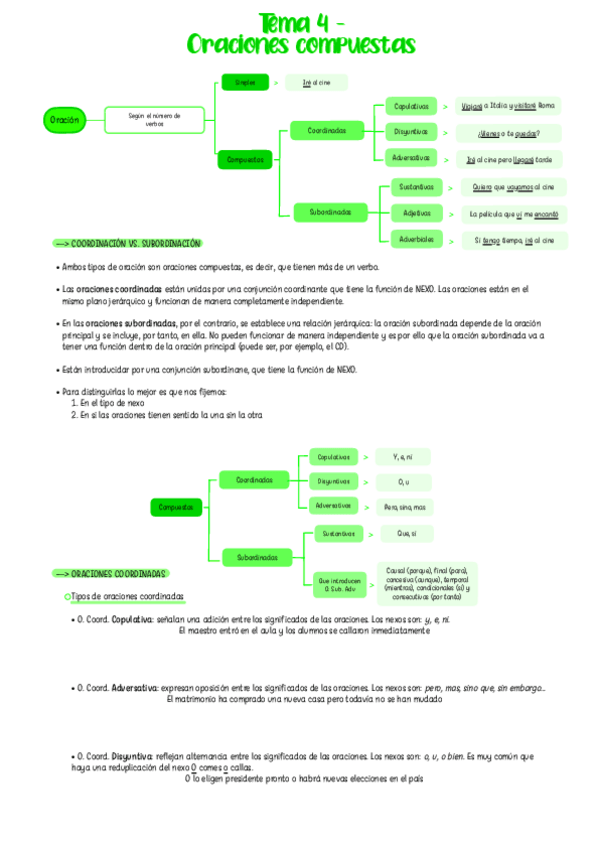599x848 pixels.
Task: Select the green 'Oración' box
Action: click(62, 121)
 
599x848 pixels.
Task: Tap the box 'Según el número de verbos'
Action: click(154, 120)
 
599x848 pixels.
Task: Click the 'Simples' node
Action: click(244, 82)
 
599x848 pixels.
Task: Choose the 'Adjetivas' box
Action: click(416, 213)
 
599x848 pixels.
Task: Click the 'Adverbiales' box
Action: click(416, 240)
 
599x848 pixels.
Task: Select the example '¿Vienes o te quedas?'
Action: click(510, 132)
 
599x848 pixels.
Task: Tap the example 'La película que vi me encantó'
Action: click(514, 213)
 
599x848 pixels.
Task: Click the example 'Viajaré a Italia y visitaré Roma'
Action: click(507, 105)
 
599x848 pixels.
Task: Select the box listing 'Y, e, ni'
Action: click(403, 457)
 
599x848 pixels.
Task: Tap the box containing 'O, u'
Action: click(403, 482)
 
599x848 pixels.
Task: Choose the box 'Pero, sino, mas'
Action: click(404, 506)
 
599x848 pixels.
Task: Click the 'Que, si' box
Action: click(406, 533)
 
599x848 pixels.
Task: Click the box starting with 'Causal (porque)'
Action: click(429, 581)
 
